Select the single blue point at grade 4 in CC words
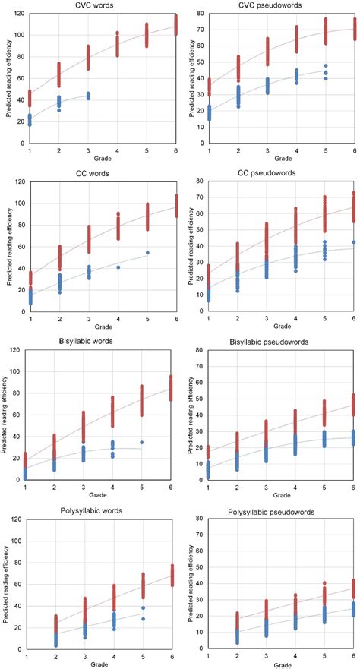point(117,289)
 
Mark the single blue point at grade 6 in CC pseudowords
point(353,263)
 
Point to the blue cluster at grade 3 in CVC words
point(87,96)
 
